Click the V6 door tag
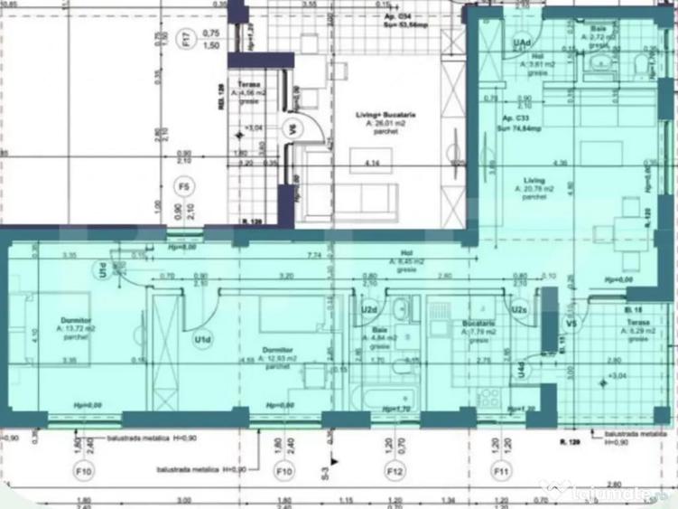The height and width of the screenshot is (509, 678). point(292,129)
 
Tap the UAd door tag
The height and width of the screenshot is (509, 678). point(522,42)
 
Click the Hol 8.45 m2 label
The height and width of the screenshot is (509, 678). point(405,262)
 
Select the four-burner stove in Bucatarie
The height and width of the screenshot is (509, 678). point(490,397)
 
